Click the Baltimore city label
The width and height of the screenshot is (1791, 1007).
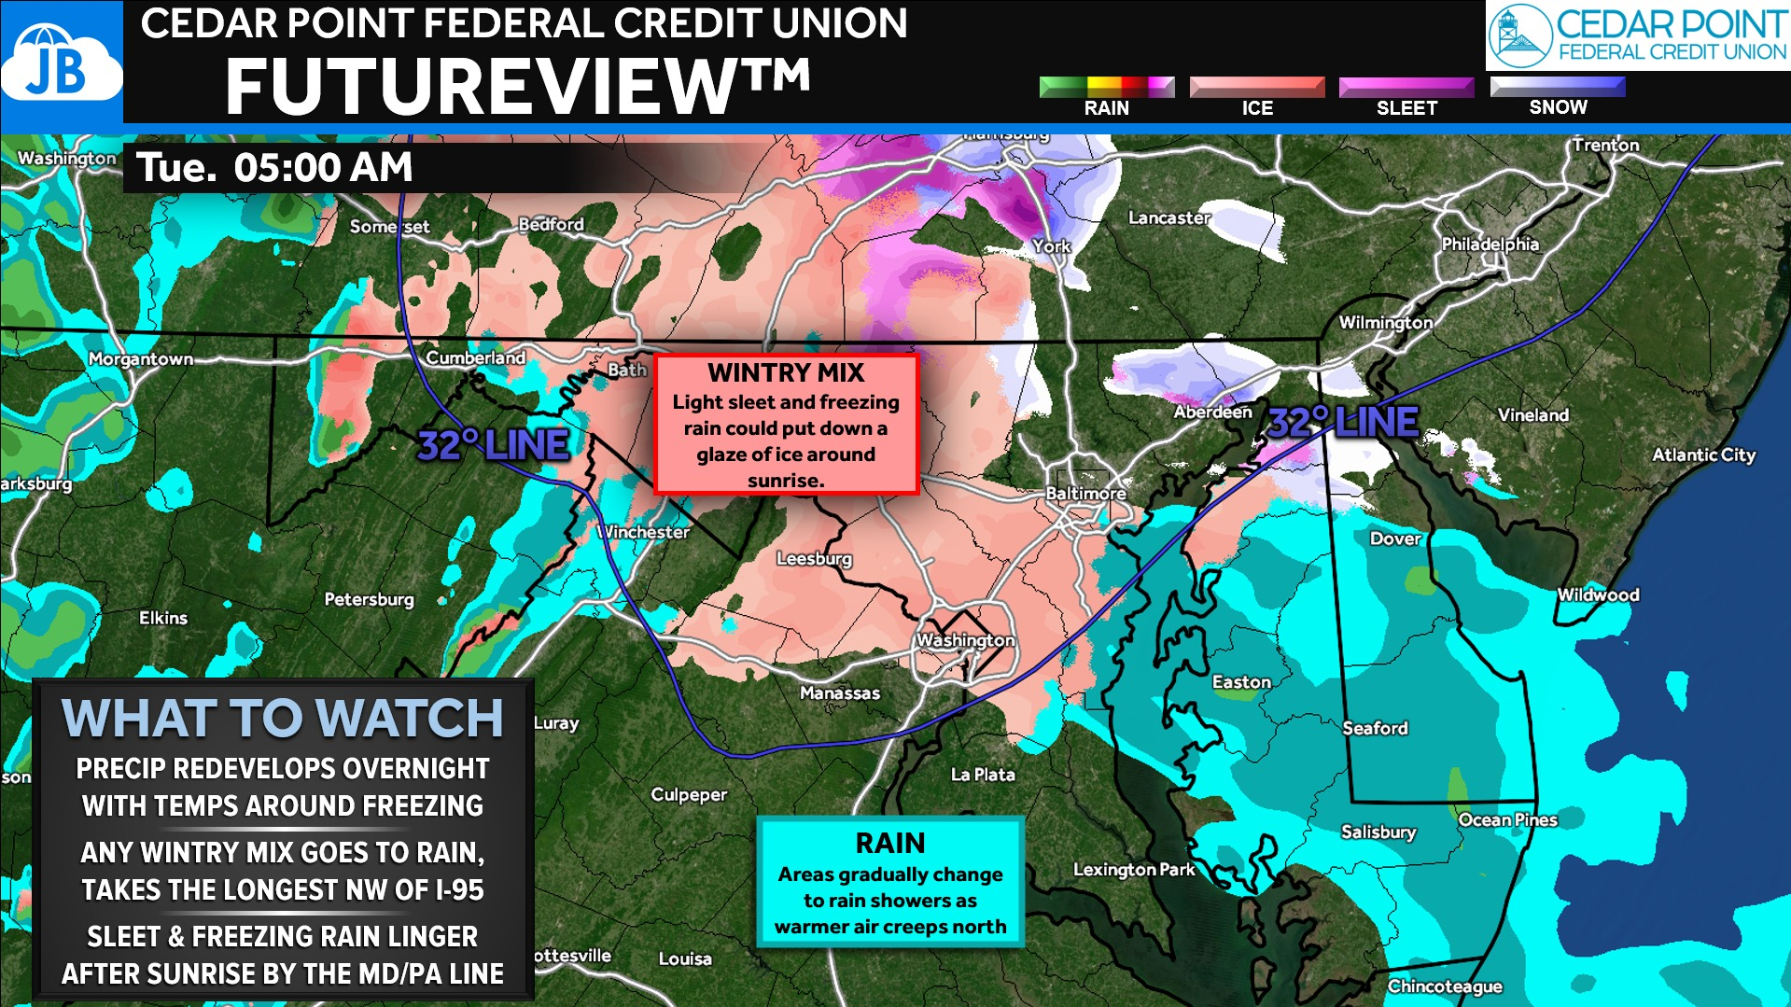point(1085,493)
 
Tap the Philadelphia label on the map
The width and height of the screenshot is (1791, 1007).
point(1490,244)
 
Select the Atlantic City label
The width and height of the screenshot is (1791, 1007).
point(1703,455)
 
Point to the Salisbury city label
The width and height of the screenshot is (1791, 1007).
point(1378,832)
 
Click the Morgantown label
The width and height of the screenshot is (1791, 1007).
point(141,359)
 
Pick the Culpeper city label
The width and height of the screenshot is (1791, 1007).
point(689,794)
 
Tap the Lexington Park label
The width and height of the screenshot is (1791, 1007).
point(1133,869)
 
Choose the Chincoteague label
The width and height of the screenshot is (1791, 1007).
point(1445,986)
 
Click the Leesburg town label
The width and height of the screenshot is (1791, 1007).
point(814,558)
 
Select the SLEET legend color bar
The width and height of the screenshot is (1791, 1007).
point(1406,87)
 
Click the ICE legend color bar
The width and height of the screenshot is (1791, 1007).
point(1256,87)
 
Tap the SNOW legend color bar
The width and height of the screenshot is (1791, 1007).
point(1557,86)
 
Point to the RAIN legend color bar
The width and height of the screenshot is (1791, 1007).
point(1106,87)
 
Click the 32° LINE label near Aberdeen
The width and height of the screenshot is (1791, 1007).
point(1343,422)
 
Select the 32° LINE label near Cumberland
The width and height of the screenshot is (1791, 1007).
point(493,445)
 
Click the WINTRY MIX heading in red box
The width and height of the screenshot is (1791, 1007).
point(786,373)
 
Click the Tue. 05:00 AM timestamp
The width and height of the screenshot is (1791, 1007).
point(274,168)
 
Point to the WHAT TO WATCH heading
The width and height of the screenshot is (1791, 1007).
point(282,718)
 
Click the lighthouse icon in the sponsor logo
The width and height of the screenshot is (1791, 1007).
point(1518,35)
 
